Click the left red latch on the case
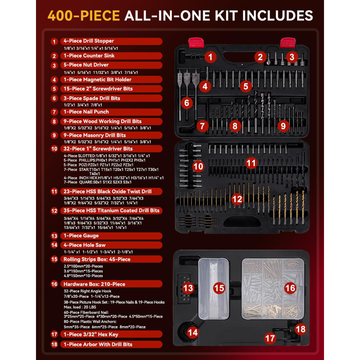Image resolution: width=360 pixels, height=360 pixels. click(x=196, y=43)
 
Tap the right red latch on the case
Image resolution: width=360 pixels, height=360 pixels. click(x=288, y=43)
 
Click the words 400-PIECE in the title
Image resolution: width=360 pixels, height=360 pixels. click(x=84, y=16)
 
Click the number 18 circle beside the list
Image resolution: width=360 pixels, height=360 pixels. click(x=54, y=344)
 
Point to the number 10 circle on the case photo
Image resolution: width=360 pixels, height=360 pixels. click(x=198, y=166)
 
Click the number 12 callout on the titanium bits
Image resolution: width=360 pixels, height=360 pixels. click(x=237, y=199)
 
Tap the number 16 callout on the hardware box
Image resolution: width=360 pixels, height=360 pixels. click(x=290, y=288)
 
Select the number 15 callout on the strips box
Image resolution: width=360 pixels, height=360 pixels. click(x=219, y=288)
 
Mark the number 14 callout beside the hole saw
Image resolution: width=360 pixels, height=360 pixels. click(x=192, y=332)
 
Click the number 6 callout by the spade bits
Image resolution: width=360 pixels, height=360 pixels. click(x=186, y=103)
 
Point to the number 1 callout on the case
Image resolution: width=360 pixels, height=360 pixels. click(x=210, y=57)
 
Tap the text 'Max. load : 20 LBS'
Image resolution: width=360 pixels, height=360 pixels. click(x=80, y=307)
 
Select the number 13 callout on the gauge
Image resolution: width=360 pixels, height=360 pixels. click(x=188, y=288)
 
